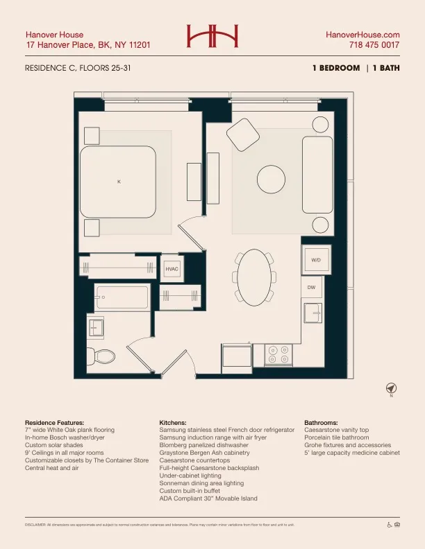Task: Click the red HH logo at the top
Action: pyautogui.click(x=212, y=37)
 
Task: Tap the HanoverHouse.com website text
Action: pyautogui.click(x=362, y=35)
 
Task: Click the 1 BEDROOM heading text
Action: pyautogui.click(x=336, y=68)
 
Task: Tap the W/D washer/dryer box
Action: pyautogui.click(x=316, y=260)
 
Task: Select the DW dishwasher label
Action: pyautogui.click(x=312, y=286)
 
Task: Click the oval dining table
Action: pyautogui.click(x=256, y=277)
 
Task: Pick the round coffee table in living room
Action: pyautogui.click(x=271, y=180)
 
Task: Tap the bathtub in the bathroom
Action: pyautogui.click(x=122, y=297)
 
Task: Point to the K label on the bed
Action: pyautogui.click(x=119, y=182)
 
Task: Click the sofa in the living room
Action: pyautogui.click(x=317, y=175)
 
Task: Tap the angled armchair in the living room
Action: pyautogui.click(x=242, y=132)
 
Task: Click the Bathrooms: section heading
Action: pyautogui.click(x=321, y=422)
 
